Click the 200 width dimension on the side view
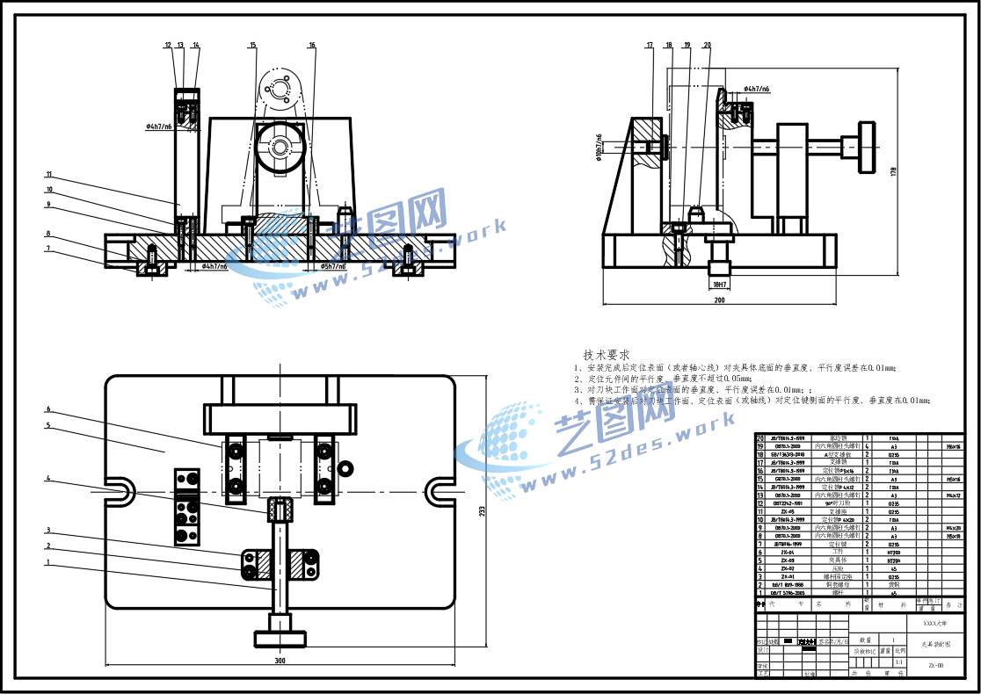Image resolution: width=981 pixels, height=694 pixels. tap(720, 300)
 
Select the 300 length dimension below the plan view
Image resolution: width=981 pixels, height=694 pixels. tap(280, 660)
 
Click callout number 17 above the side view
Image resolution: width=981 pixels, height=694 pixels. tap(650, 45)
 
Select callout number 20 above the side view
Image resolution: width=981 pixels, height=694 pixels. tap(708, 45)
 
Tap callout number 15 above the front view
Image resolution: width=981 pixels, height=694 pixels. tap(252, 45)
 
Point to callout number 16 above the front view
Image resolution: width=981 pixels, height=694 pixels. tap(312, 45)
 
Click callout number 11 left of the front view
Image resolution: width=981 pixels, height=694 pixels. tap(50, 175)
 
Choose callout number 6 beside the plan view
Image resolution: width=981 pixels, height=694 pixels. tap(49, 409)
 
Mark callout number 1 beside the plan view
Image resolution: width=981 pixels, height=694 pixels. tap(49, 562)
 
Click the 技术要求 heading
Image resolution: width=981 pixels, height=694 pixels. tap(607, 354)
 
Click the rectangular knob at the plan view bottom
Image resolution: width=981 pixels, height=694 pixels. tap(280, 638)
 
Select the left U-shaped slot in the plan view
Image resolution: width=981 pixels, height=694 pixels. tap(120, 488)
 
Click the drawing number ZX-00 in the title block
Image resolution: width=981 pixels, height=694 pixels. tap(936, 665)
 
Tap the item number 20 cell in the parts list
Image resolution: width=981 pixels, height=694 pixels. tap(759, 437)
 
